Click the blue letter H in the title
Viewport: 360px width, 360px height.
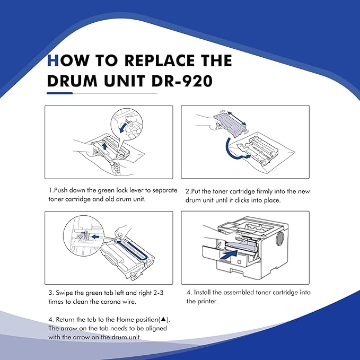click(52, 60)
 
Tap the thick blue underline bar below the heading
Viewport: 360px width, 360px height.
click(60, 93)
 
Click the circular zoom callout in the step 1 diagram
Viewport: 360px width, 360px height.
click(127, 124)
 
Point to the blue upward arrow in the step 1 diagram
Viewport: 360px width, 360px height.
click(104, 146)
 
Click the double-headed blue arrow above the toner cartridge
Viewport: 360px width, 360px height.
click(236, 118)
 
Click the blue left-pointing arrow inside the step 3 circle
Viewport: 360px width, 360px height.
click(95, 236)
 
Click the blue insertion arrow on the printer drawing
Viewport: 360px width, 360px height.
click(229, 255)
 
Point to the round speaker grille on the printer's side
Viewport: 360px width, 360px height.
click(279, 239)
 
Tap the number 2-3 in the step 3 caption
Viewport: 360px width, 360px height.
click(158, 293)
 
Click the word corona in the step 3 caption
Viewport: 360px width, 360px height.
click(109, 302)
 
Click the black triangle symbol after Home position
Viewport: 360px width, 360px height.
click(163, 319)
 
